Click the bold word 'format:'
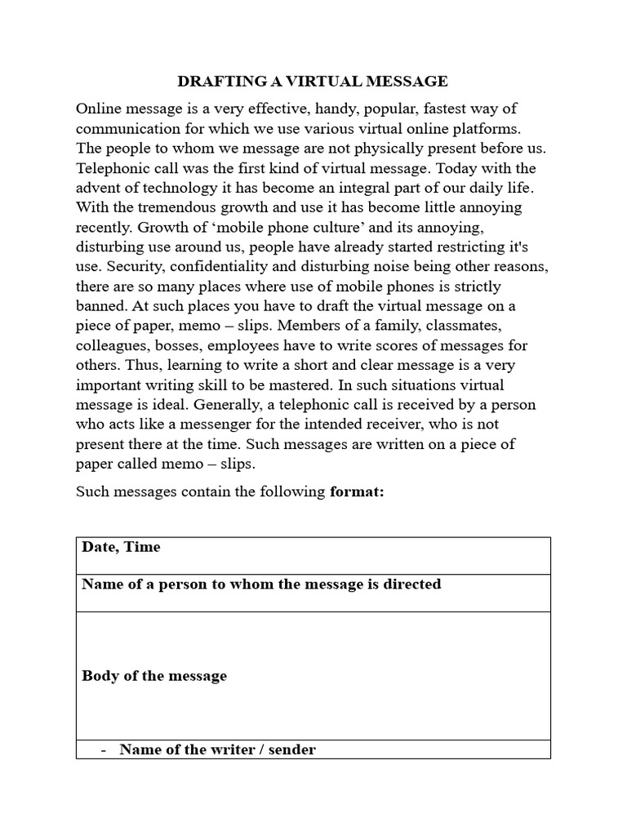[x=356, y=492]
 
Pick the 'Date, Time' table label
[x=121, y=547]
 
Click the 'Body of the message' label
[x=154, y=676]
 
